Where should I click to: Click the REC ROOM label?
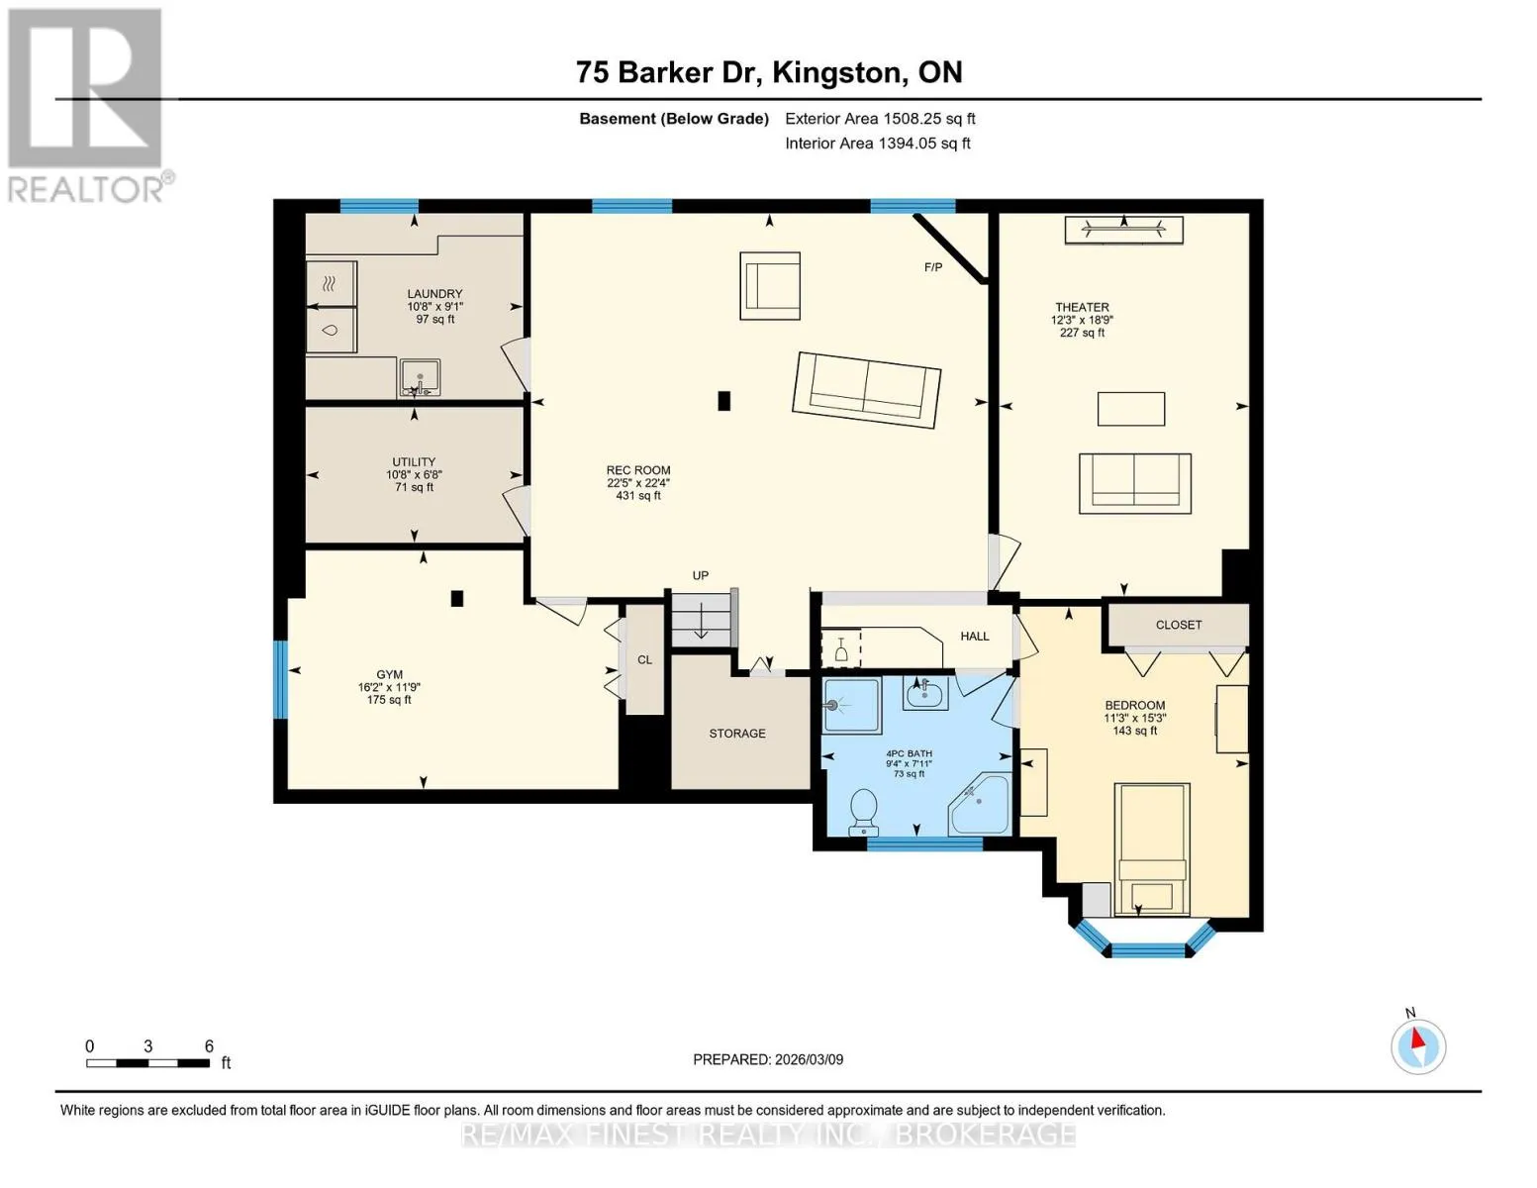[x=638, y=470]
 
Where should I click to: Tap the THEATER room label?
[x=1082, y=307]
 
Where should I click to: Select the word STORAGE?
[x=737, y=734]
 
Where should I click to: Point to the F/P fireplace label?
[x=933, y=267]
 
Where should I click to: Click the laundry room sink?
[x=420, y=377]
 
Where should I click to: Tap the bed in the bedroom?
[x=1151, y=849]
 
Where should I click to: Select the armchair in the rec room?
[x=770, y=286]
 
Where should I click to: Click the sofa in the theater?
[x=1134, y=483]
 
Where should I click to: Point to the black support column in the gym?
[x=457, y=599]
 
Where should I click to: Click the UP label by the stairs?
[x=701, y=576]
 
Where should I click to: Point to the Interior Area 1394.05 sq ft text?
[x=878, y=144]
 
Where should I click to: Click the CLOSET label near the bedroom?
[x=1179, y=625]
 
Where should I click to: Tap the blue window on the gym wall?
[x=281, y=680]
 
